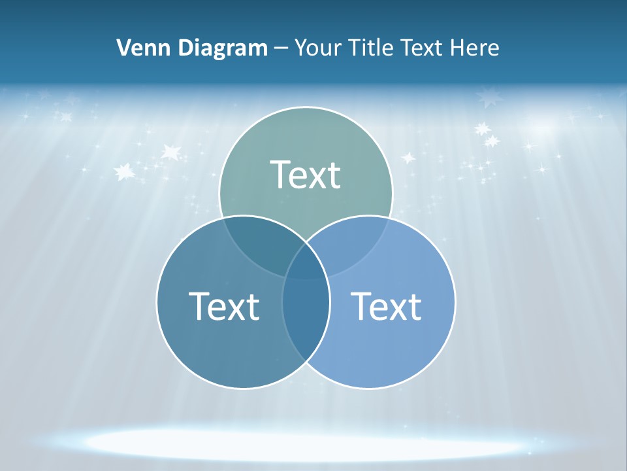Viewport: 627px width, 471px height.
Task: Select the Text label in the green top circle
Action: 306,175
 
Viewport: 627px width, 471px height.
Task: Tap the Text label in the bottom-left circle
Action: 224,305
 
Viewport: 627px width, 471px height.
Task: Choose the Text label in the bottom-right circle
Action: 387,305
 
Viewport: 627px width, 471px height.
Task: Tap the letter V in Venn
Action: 123,48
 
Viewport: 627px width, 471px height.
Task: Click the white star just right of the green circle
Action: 408,158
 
